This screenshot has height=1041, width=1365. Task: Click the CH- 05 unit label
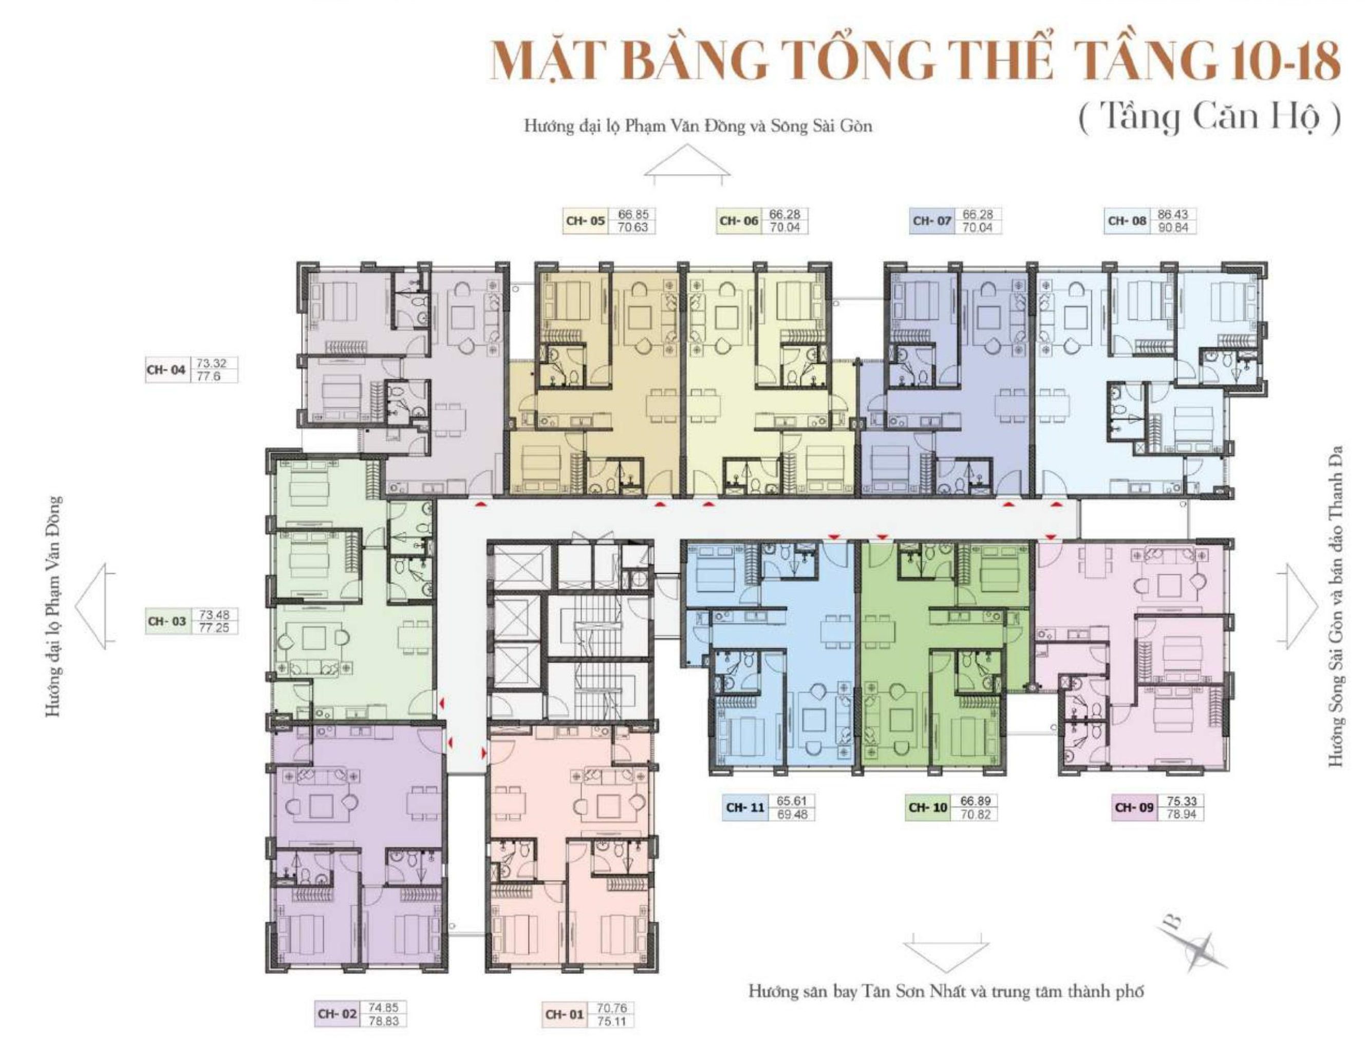pyautogui.click(x=585, y=221)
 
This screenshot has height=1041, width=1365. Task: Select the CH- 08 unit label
pyautogui.click(x=1127, y=221)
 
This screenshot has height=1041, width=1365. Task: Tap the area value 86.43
pyautogui.click(x=1173, y=214)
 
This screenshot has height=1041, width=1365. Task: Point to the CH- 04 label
pyautogui.click(x=166, y=370)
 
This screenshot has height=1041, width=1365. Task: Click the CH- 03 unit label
pyautogui.click(x=166, y=621)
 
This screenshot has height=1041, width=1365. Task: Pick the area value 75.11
pyautogui.click(x=611, y=1020)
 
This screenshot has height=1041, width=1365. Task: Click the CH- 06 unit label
pyautogui.click(x=738, y=221)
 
